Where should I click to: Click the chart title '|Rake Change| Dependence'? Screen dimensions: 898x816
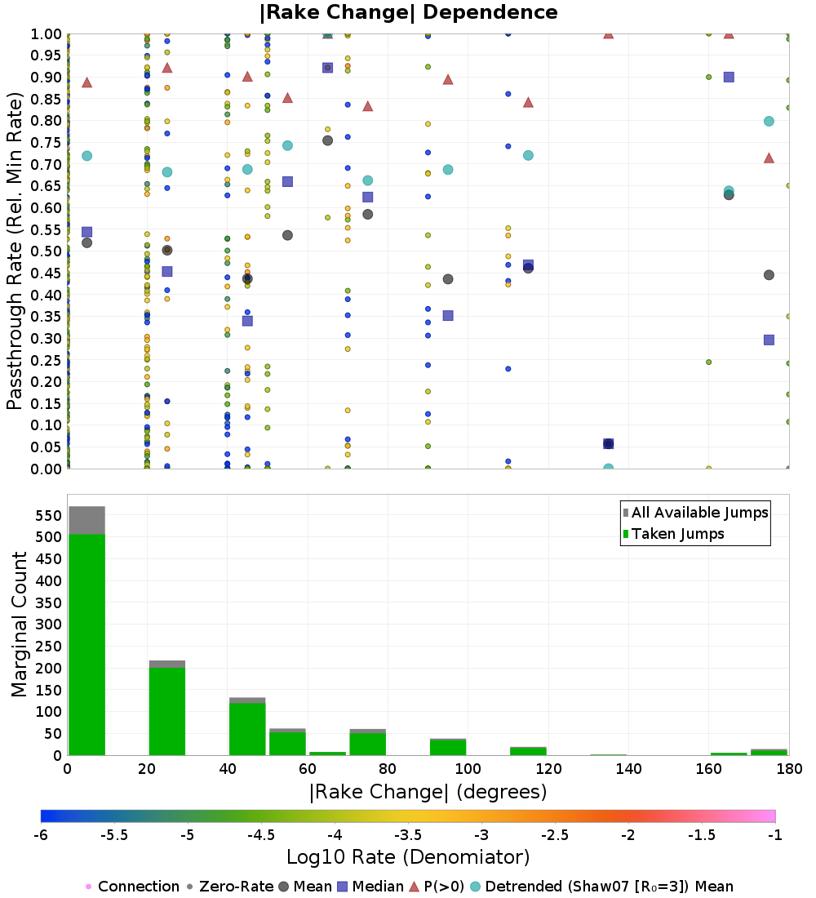408,13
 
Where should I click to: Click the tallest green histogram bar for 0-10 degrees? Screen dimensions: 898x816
86,644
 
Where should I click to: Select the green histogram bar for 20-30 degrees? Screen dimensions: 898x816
166,711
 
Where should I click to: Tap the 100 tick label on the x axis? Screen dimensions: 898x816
467,769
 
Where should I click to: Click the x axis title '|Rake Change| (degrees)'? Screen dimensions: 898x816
428,791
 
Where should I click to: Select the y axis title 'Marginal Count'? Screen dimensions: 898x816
20,625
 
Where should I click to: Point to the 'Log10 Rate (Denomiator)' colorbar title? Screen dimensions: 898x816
408,856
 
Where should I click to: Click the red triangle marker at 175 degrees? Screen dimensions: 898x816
769,158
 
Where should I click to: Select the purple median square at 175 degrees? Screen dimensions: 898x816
769,340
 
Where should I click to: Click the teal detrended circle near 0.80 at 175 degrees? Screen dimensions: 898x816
769,121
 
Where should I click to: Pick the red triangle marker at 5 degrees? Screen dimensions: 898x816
86,82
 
